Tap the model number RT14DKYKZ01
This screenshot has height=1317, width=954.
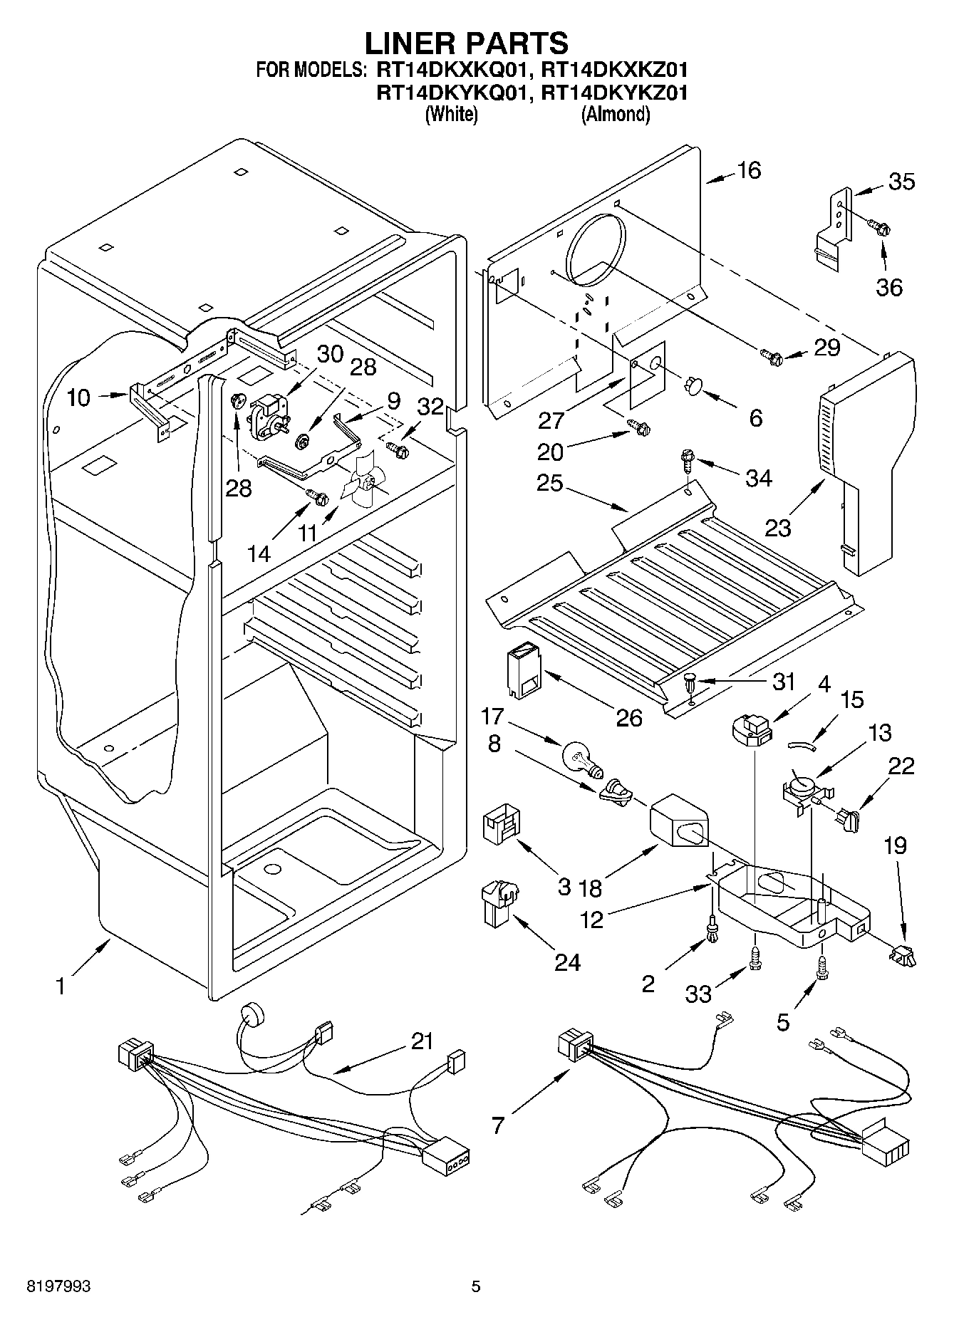tap(614, 92)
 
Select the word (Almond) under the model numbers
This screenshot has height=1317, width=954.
tap(616, 114)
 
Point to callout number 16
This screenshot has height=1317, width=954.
tap(749, 170)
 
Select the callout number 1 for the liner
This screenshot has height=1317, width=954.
tap(61, 987)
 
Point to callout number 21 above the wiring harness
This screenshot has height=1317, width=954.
tap(422, 1041)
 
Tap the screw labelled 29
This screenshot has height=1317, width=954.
tap(770, 353)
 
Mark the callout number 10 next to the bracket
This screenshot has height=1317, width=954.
tap(79, 397)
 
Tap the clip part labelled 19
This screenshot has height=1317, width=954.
tap(902, 954)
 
